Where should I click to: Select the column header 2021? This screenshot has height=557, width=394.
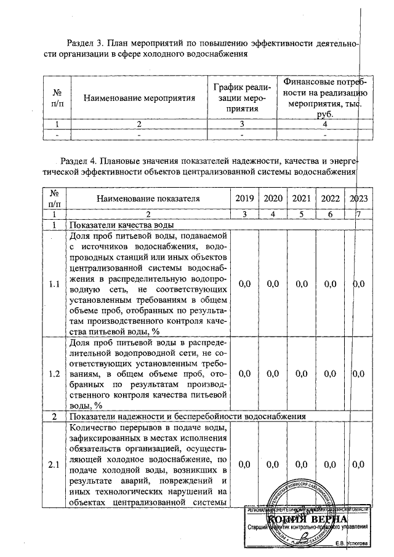[301, 198]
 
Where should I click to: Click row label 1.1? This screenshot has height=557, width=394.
[54, 284]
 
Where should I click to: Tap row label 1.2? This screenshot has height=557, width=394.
[54, 373]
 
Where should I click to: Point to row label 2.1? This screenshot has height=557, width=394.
[54, 464]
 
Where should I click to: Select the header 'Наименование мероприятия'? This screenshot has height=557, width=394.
[139, 97]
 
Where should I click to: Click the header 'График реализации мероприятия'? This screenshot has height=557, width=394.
[242, 97]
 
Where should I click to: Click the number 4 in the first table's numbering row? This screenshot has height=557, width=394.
[324, 123]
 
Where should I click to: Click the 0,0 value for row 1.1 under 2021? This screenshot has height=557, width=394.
[301, 284]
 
